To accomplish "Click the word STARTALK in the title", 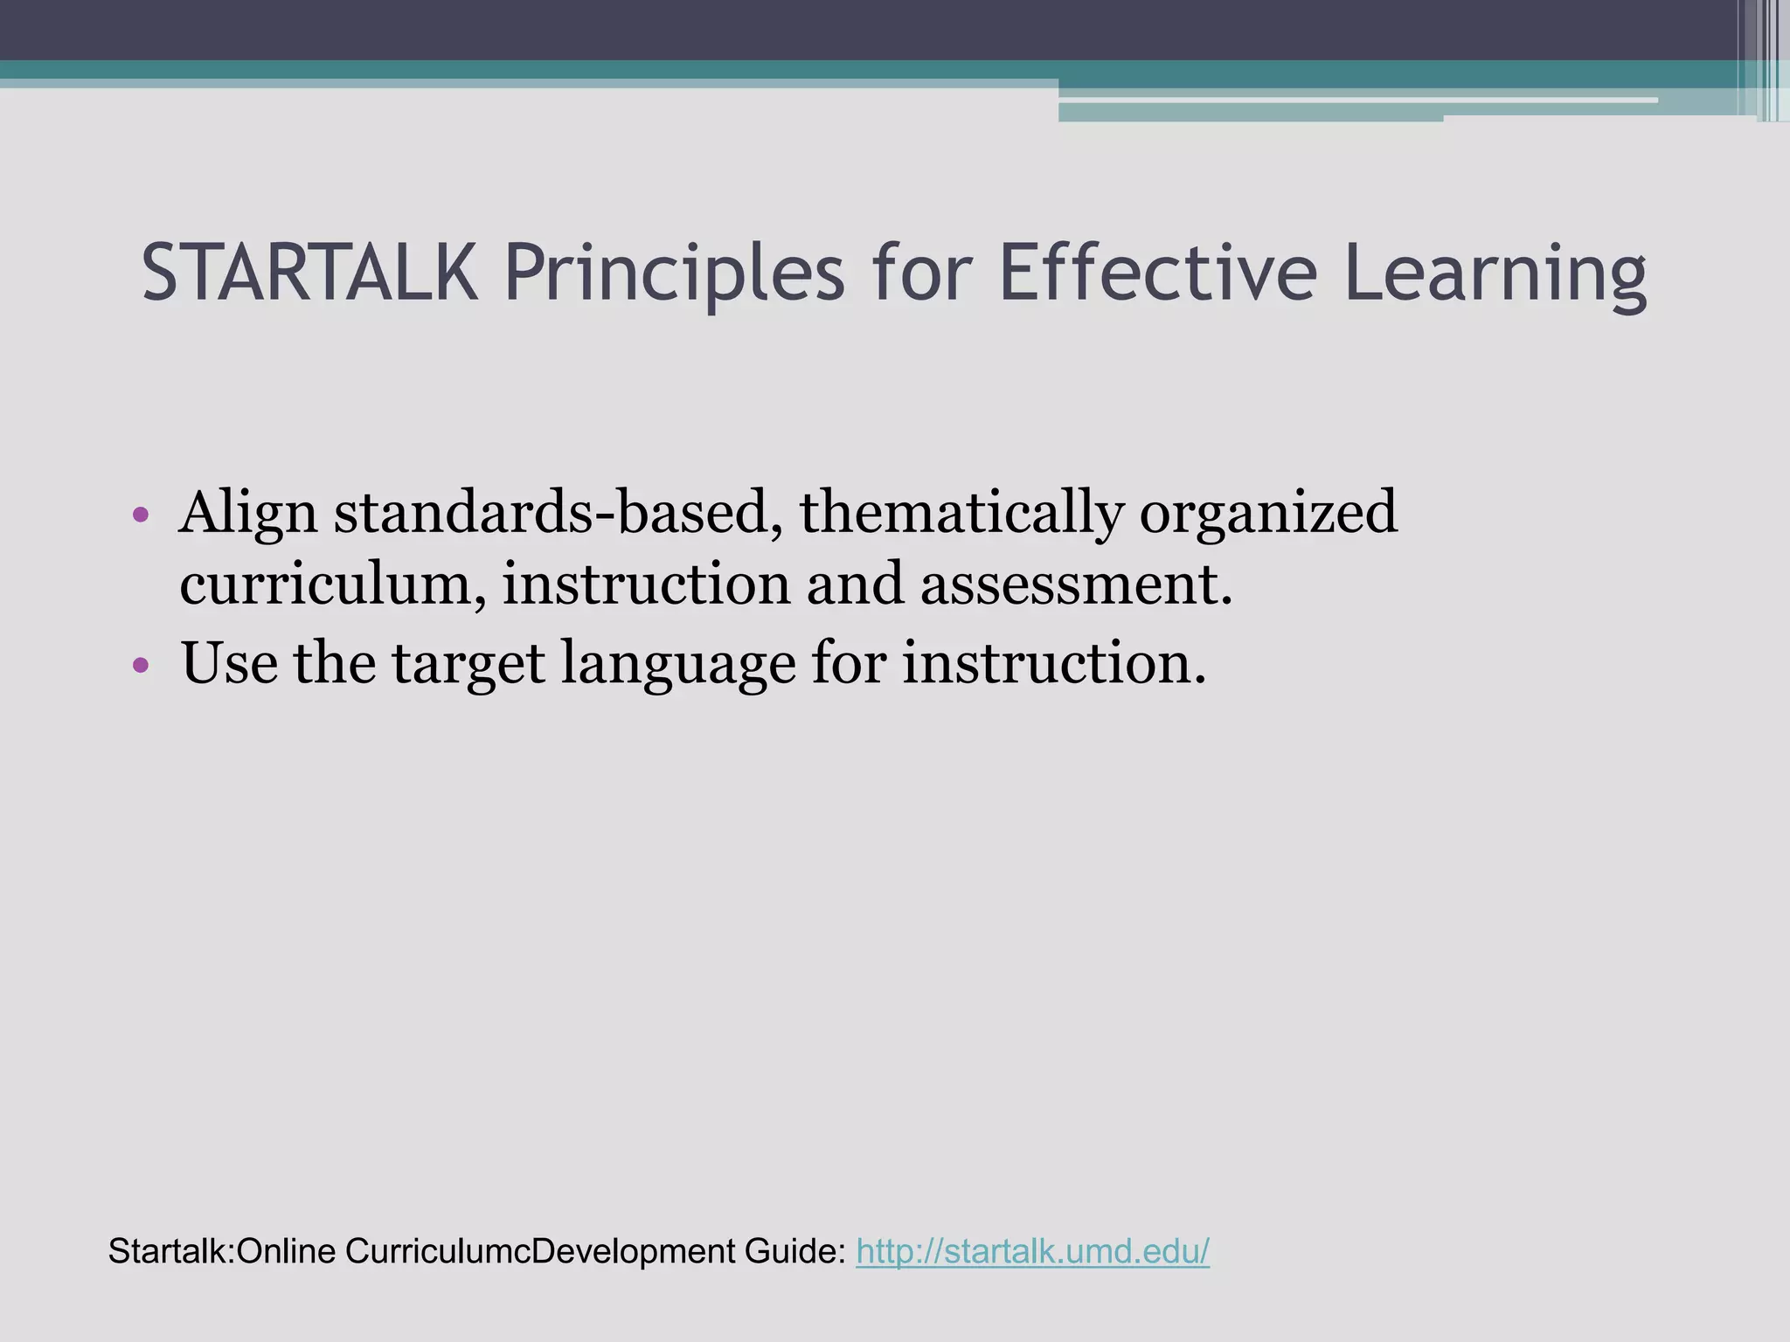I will click(309, 273).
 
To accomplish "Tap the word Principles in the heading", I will click(674, 274).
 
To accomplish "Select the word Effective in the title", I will click(1157, 273).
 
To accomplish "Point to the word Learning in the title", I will click(1495, 274).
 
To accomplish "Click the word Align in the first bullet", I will click(248, 514).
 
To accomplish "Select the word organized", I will click(1267, 514).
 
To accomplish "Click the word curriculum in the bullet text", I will click(333, 584).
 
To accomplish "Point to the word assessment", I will click(1076, 584).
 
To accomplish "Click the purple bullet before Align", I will click(142, 515).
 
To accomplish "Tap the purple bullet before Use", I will click(142, 665).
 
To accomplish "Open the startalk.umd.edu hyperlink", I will click(1032, 1251).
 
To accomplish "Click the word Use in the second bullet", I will click(229, 661).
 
